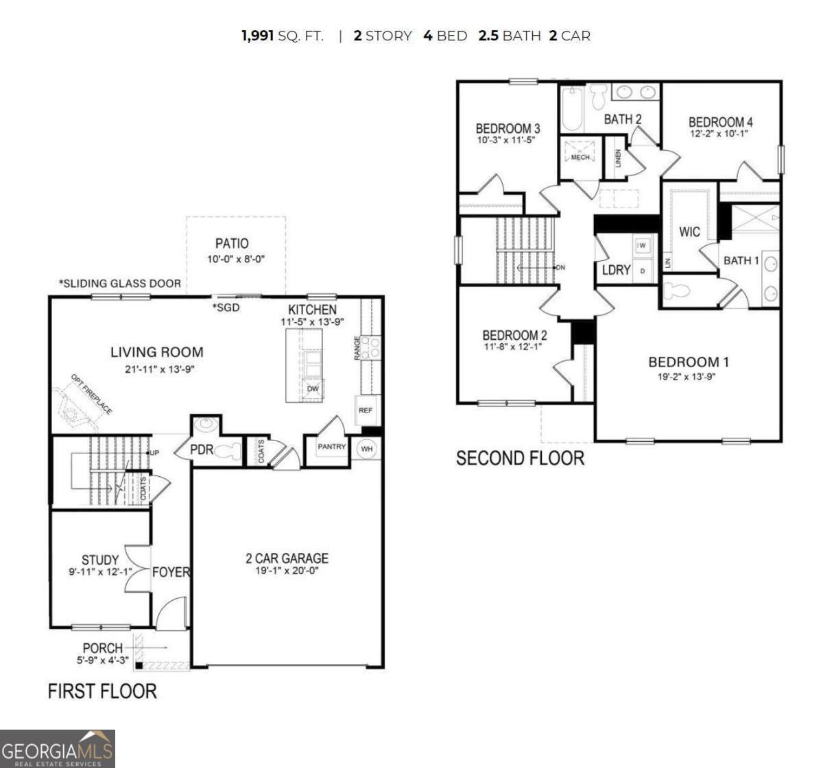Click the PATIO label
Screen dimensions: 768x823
click(232, 243)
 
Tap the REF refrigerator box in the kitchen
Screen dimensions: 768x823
click(365, 410)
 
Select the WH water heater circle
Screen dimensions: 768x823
click(367, 449)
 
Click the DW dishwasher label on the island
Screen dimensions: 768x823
click(313, 389)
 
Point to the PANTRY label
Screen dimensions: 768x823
click(332, 447)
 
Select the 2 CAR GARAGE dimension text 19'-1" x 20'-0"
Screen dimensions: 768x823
click(287, 571)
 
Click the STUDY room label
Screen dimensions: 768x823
click(100, 560)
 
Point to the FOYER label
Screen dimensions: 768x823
click(171, 571)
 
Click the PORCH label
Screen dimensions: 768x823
click(103, 647)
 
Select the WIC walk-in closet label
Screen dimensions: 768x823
click(689, 232)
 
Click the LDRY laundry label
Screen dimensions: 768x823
click(616, 270)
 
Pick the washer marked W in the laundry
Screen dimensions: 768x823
click(642, 245)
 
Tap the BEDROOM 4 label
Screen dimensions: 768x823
click(720, 122)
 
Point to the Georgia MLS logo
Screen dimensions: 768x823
click(58, 748)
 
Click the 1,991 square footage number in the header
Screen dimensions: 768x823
click(258, 36)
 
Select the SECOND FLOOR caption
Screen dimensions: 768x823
click(520, 458)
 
